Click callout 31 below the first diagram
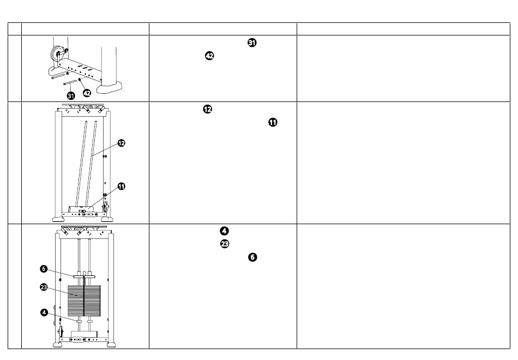click(x=71, y=96)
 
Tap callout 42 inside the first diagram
click(x=87, y=93)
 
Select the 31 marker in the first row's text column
click(x=252, y=43)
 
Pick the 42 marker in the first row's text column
click(x=209, y=56)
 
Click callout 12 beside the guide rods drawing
click(x=122, y=143)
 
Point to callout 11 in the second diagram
click(x=122, y=187)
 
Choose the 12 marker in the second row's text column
click(x=207, y=109)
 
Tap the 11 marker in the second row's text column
click(x=273, y=122)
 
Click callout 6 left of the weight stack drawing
click(x=44, y=269)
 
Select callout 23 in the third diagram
click(x=44, y=287)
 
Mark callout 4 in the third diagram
click(x=44, y=313)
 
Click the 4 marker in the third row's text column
click(x=224, y=231)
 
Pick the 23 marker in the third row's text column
click(x=224, y=244)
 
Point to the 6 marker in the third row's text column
click(x=252, y=257)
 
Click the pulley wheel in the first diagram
click(x=57, y=53)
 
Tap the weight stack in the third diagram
click(x=84, y=301)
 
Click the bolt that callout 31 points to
click(x=71, y=82)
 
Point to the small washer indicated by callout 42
click(x=79, y=80)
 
